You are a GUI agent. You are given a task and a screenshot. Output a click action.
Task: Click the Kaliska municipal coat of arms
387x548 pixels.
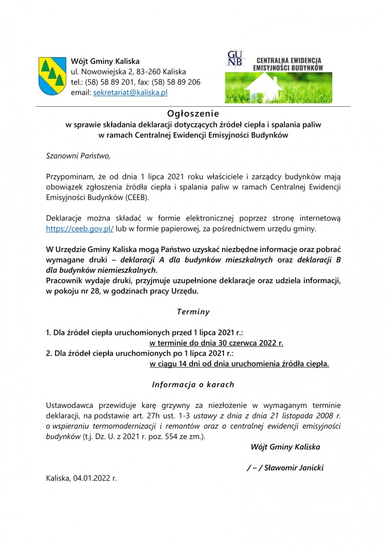[x=52, y=76]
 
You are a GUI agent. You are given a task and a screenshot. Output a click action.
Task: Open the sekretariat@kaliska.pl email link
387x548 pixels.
[x=130, y=92]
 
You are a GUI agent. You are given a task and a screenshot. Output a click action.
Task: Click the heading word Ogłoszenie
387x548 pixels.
[x=193, y=114]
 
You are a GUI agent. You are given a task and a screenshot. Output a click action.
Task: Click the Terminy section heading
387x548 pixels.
[x=193, y=312]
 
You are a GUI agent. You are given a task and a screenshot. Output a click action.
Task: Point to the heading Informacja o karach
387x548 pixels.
[x=193, y=385]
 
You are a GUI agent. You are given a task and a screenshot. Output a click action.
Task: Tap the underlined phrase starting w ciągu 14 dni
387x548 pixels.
[x=239, y=363]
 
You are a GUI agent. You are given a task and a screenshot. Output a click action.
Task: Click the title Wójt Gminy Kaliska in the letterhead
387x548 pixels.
[x=105, y=62]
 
